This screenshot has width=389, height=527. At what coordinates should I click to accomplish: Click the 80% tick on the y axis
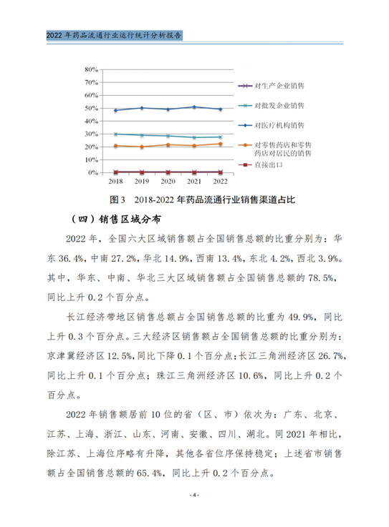(x=90, y=70)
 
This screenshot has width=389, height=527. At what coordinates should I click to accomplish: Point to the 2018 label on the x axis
(x=115, y=182)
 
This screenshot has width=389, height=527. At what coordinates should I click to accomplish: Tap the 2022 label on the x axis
(x=220, y=182)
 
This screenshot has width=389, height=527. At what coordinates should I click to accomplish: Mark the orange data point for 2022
(x=220, y=144)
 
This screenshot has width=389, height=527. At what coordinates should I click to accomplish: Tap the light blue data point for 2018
(x=115, y=134)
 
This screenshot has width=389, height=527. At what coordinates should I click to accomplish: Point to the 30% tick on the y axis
(x=90, y=134)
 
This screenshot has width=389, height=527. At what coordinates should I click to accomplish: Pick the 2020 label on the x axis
(x=168, y=182)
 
